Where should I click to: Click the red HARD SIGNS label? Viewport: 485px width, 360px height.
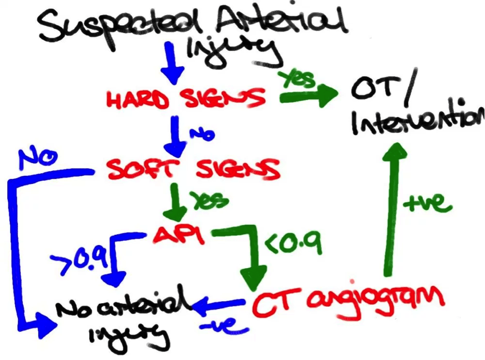[x=186, y=99]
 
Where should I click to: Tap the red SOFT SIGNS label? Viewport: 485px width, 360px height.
[x=194, y=169]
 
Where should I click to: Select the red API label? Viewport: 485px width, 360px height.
[x=179, y=235]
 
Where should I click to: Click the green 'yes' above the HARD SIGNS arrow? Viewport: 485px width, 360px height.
[x=296, y=79]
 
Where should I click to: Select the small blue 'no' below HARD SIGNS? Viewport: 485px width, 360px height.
[x=202, y=134]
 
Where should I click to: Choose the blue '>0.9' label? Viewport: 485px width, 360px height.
[x=79, y=259]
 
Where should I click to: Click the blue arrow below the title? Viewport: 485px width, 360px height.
[x=172, y=63]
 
